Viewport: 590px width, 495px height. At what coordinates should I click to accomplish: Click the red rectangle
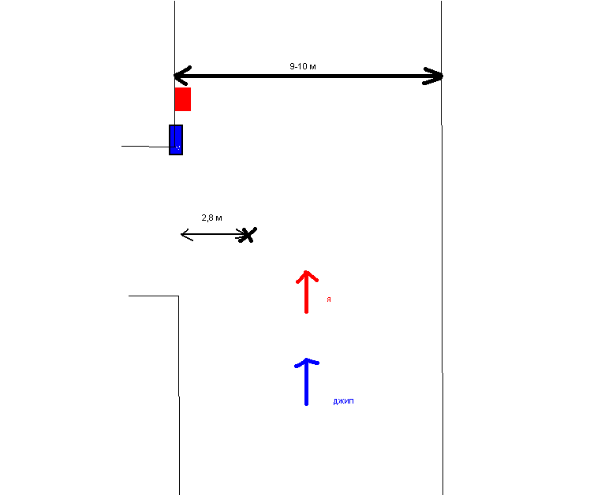click(x=182, y=99)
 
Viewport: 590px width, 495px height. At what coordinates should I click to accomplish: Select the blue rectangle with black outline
click(x=176, y=140)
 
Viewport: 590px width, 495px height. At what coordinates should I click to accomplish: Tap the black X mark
click(x=248, y=234)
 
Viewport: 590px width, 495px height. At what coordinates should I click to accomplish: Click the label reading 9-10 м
click(x=303, y=67)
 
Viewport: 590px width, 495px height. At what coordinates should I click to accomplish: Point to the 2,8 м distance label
click(x=211, y=217)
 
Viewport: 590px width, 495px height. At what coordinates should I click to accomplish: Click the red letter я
click(x=328, y=300)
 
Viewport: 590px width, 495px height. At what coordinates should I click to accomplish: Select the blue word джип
click(x=344, y=401)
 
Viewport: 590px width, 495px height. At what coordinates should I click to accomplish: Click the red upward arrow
click(x=306, y=292)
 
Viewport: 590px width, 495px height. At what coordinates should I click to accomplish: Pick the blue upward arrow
click(x=306, y=381)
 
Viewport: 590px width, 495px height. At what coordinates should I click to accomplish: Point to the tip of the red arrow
click(x=306, y=272)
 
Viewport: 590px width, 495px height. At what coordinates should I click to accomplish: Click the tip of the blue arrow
click(x=306, y=360)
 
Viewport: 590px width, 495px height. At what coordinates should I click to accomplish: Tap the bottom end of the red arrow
click(x=306, y=312)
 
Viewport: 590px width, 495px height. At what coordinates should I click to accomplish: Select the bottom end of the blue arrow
click(x=306, y=404)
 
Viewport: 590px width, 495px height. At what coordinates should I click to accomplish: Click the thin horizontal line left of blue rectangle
click(x=145, y=147)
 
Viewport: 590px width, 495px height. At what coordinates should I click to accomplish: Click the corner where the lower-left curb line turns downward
click(x=178, y=296)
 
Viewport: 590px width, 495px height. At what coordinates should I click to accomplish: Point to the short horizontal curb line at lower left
click(x=153, y=296)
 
